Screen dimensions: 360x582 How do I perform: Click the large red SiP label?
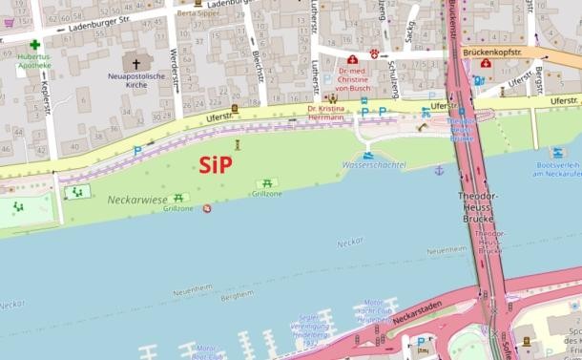point(216,163)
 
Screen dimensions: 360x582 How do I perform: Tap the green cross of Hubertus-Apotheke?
point(34,45)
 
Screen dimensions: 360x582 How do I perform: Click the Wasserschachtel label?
point(373,165)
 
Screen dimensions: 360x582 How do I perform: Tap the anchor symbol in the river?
point(439,170)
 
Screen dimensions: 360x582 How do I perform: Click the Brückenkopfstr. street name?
point(493,53)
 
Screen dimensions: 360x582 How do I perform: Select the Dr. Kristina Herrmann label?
point(324,116)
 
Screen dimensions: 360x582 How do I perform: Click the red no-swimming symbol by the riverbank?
point(207,209)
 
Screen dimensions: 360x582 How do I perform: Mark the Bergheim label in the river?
point(236,297)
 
